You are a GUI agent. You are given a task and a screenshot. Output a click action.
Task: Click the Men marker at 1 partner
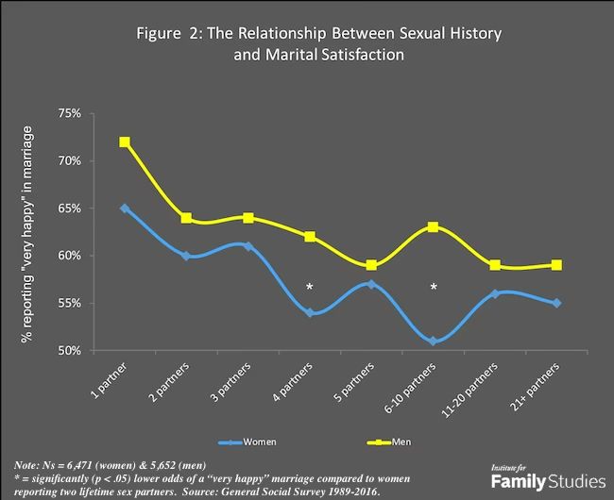(x=125, y=142)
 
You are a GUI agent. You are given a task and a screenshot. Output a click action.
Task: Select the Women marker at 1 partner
(x=125, y=208)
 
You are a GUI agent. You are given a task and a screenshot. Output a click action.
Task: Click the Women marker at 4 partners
(x=310, y=313)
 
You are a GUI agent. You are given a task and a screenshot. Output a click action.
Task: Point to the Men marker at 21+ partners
(x=557, y=265)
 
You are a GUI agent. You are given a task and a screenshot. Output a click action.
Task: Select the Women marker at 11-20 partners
(x=495, y=294)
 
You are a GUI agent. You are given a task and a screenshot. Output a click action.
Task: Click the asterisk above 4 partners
(x=309, y=286)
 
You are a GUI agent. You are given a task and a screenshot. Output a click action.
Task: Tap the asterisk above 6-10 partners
(x=434, y=286)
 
